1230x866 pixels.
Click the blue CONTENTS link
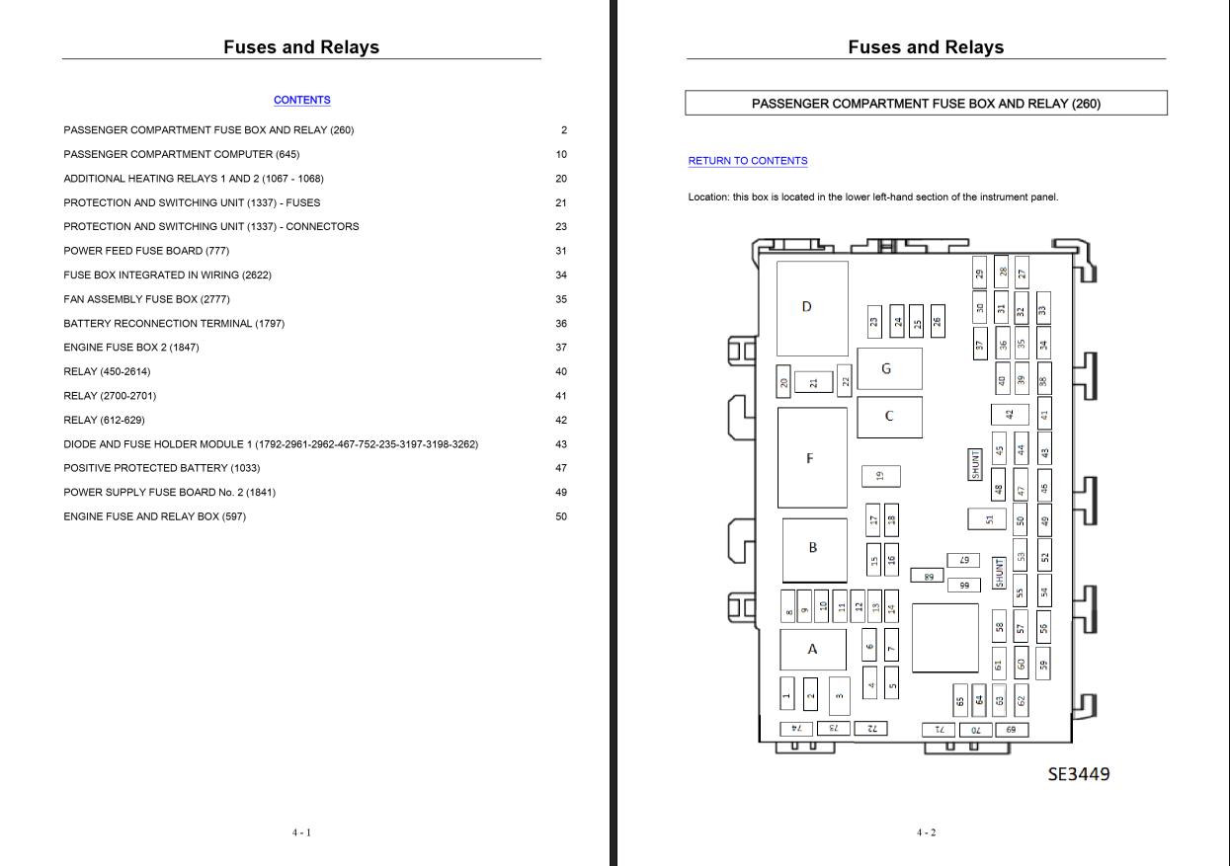pyautogui.click(x=301, y=100)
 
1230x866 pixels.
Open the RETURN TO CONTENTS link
pyautogui.click(x=747, y=161)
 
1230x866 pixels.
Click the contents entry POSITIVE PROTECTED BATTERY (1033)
pyautogui.click(x=161, y=468)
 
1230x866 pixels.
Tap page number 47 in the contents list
pyautogui.click(x=561, y=468)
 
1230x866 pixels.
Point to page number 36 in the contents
pyautogui.click(x=561, y=324)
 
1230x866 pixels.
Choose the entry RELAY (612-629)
pyautogui.click(x=104, y=421)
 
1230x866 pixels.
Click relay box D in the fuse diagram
pyautogui.click(x=811, y=308)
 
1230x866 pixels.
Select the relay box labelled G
pyautogui.click(x=888, y=368)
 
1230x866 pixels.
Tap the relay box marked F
pyautogui.click(x=811, y=457)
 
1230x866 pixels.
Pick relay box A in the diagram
pyautogui.click(x=813, y=649)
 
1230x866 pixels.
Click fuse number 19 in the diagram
pyautogui.click(x=880, y=476)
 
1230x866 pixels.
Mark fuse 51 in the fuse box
pyautogui.click(x=987, y=518)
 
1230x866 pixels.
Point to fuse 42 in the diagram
pyautogui.click(x=1009, y=415)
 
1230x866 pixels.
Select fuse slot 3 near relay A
pyautogui.click(x=839, y=695)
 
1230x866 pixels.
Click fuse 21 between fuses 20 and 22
pyautogui.click(x=813, y=382)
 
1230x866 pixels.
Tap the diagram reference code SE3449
pyautogui.click(x=1078, y=774)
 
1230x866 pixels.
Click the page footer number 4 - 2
pyautogui.click(x=926, y=832)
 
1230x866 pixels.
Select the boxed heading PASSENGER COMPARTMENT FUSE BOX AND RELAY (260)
pyautogui.click(x=926, y=104)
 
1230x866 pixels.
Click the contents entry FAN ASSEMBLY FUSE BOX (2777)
pyautogui.click(x=146, y=299)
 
